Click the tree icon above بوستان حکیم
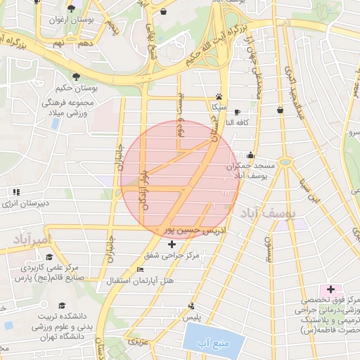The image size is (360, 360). pyautogui.click(x=75, y=77)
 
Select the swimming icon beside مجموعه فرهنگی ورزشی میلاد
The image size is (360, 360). pyautogui.click(x=53, y=122)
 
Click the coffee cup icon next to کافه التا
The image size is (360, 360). pyautogui.click(x=237, y=112)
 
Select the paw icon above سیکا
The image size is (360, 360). pyautogui.click(x=219, y=96)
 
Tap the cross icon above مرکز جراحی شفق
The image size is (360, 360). pyautogui.click(x=172, y=244)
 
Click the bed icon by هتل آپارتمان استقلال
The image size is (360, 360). pyautogui.click(x=140, y=269)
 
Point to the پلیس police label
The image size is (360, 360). pyautogui.click(x=193, y=318)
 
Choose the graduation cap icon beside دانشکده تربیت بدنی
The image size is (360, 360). pyautogui.click(x=61, y=305)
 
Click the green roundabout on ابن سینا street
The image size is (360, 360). pyautogui.click(x=285, y=162)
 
